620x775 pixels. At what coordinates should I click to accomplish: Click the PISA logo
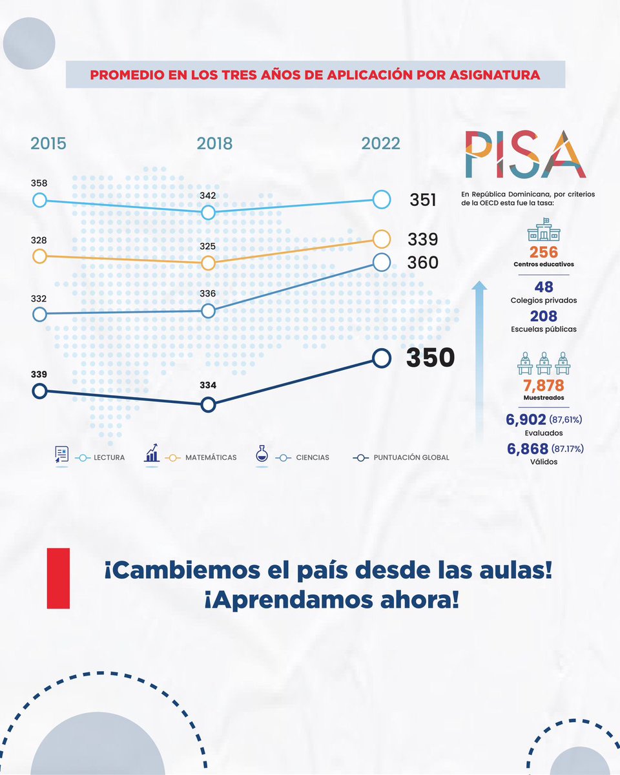pyautogui.click(x=525, y=156)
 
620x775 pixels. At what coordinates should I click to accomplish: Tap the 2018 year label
pyautogui.click(x=214, y=143)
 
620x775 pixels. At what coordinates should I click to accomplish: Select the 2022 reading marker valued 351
pyautogui.click(x=382, y=200)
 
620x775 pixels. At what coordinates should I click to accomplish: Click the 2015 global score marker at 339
pyautogui.click(x=39, y=391)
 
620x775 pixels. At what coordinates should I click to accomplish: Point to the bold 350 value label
pyautogui.click(x=430, y=358)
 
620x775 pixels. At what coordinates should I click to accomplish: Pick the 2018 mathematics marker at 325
pyautogui.click(x=208, y=263)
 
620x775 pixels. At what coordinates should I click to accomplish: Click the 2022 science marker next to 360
pyautogui.click(x=382, y=262)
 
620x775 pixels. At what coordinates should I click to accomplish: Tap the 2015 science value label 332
pyautogui.click(x=39, y=299)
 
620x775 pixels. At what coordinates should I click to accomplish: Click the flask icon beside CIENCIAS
pyautogui.click(x=262, y=453)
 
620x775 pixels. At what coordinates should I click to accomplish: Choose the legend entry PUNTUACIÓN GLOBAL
pyautogui.click(x=411, y=457)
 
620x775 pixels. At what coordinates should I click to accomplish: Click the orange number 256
pyautogui.click(x=543, y=252)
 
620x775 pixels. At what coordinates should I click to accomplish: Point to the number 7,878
pyautogui.click(x=543, y=386)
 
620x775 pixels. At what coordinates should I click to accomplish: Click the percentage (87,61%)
pyautogui.click(x=566, y=420)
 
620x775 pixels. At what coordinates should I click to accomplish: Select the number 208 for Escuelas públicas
pyautogui.click(x=543, y=316)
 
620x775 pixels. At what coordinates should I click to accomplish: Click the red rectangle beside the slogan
pyautogui.click(x=58, y=578)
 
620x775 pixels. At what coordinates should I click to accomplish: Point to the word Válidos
pyautogui.click(x=543, y=462)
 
